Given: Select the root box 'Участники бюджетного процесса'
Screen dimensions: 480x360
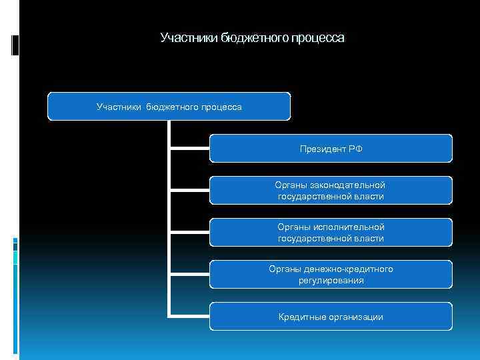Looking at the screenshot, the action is tap(169, 107).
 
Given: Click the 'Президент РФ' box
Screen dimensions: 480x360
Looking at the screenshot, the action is tap(331, 149).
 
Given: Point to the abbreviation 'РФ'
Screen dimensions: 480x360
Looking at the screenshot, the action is tap(355, 149).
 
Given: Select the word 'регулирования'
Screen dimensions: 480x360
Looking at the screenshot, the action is tap(331, 281).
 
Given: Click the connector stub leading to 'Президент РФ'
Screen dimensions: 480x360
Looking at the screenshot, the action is tap(189, 147).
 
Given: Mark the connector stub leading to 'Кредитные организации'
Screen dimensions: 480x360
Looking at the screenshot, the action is tap(189, 315).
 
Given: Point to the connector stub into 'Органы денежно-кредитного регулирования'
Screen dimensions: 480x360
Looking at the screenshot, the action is tap(189, 273).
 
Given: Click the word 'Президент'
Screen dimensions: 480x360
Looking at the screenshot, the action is tap(321, 149).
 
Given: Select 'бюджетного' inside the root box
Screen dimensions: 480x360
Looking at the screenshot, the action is tap(175, 107).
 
